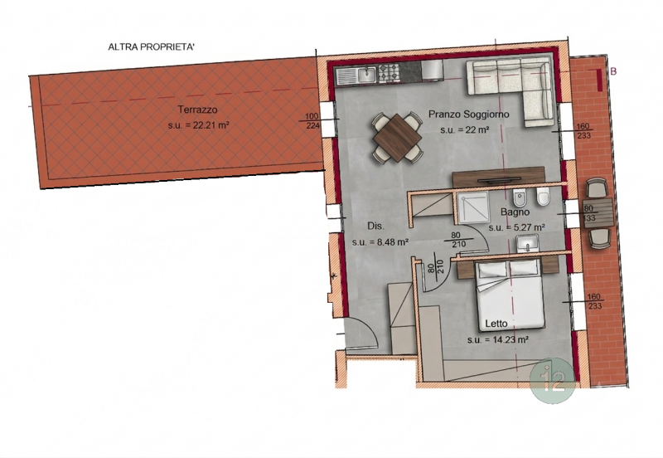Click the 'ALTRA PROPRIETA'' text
[x=152, y=47]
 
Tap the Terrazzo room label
[x=197, y=110]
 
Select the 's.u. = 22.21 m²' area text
[x=198, y=125]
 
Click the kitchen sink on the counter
[x=366, y=75]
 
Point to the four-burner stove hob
[x=389, y=73]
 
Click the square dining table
[x=398, y=137]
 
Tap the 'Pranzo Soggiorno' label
[x=468, y=114]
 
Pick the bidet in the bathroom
[x=517, y=197]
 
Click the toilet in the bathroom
[x=543, y=197]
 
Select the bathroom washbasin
[x=527, y=244]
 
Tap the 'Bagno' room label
[x=515, y=212]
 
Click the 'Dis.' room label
[x=376, y=226]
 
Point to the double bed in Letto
[x=510, y=295]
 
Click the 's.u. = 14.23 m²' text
[x=498, y=339]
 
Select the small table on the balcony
[x=598, y=213]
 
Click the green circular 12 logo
[x=552, y=381]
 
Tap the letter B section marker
[x=613, y=71]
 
